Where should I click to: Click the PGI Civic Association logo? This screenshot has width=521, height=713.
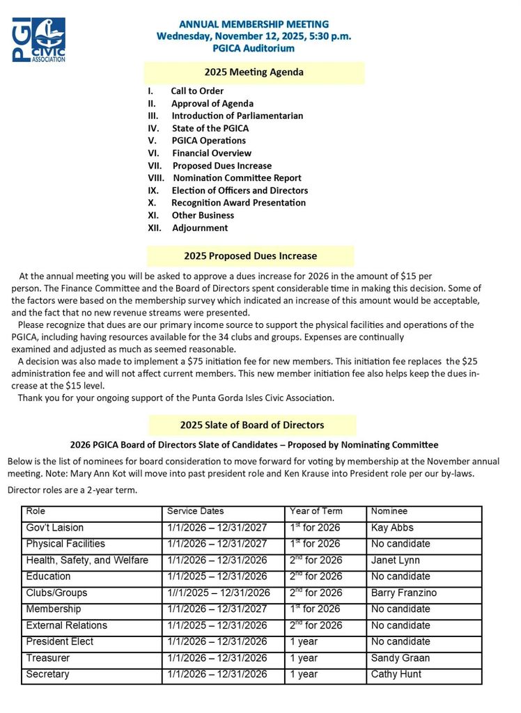pos(39,40)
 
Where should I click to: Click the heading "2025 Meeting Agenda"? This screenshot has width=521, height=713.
pos(254,72)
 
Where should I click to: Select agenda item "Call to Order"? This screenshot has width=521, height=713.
pos(197,91)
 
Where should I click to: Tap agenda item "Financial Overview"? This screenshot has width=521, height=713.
pos(212,153)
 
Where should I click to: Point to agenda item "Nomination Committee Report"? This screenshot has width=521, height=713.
pos(237,178)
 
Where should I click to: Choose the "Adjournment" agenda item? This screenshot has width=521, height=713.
pos(199,228)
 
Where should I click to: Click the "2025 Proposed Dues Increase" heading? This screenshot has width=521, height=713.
pos(250,256)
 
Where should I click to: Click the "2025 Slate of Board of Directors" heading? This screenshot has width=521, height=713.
pos(251,425)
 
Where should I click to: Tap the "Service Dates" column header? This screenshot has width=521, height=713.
pos(195,512)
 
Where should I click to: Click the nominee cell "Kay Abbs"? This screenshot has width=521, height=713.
pos(392,528)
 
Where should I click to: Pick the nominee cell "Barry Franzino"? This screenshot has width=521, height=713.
pos(404,593)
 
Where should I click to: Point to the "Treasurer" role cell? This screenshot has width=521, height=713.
pos(48,658)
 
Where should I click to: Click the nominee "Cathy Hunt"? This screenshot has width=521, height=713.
pos(396,674)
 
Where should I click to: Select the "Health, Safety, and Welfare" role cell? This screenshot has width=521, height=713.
pos(87,561)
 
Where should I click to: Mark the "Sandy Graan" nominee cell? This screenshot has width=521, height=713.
pos(401,658)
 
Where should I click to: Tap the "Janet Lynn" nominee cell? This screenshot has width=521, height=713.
pos(396,561)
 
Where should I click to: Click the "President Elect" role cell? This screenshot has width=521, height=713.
pos(60,641)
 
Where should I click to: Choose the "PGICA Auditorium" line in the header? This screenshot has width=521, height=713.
pos(254,48)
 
